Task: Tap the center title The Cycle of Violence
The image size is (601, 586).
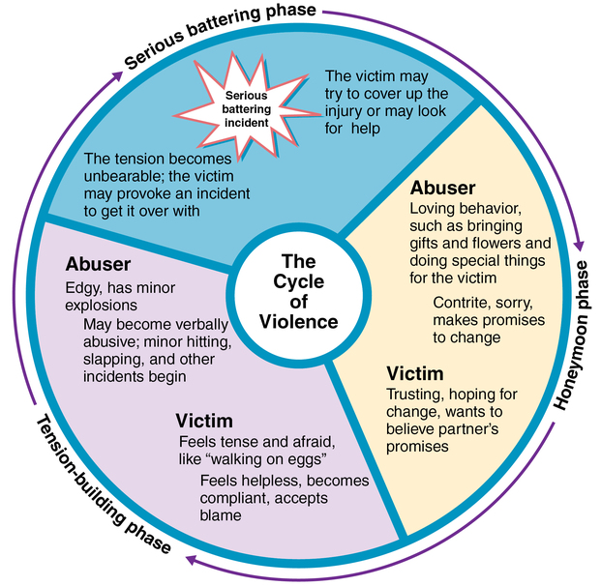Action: [298, 292]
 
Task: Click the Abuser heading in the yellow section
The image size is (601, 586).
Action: [442, 188]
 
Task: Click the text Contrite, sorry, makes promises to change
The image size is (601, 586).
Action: [488, 319]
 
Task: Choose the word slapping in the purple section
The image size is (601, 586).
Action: [111, 360]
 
